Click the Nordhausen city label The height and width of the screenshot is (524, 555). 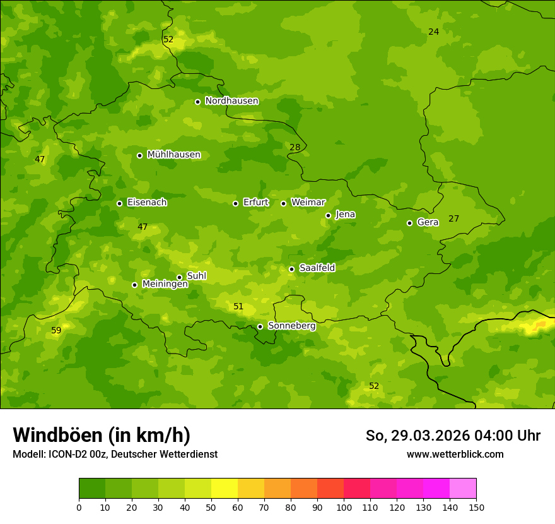click(231, 101)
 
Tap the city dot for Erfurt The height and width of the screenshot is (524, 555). click(235, 203)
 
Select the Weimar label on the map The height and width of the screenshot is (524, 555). click(308, 203)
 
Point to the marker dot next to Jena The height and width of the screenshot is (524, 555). click(328, 215)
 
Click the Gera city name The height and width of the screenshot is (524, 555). click(428, 222)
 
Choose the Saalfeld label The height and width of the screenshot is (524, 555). click(317, 268)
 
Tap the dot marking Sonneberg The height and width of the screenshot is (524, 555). click(260, 326)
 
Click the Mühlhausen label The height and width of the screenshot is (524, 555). click(173, 155)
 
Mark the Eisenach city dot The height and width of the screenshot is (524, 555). click(119, 203)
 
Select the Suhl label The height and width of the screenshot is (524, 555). click(196, 276)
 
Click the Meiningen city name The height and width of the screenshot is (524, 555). click(165, 284)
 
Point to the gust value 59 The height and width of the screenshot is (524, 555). click(56, 330)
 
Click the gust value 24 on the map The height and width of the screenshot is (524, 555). click(433, 32)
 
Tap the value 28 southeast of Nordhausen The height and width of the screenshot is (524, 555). click(295, 147)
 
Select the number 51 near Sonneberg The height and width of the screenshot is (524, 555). click(238, 306)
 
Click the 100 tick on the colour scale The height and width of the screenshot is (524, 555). click(344, 507)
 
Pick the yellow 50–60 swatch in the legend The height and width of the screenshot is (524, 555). click(225, 489)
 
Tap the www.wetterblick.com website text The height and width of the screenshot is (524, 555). click(455, 454)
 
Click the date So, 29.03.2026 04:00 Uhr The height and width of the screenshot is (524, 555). click(453, 436)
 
